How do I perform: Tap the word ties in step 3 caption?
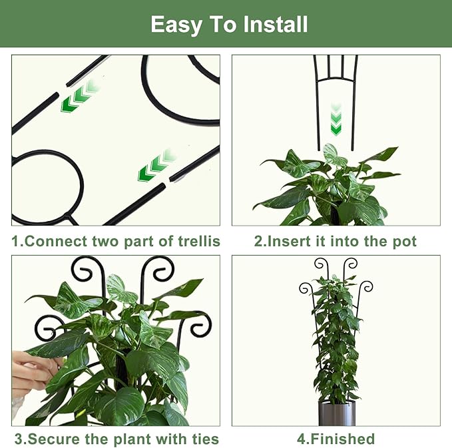[x=203, y=439]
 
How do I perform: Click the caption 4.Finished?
[x=336, y=439]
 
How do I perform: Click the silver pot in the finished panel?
[x=336, y=413]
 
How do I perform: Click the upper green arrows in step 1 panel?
[x=78, y=97]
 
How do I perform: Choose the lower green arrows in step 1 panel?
[x=154, y=167]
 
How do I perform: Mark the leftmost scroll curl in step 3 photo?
[x=46, y=328]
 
